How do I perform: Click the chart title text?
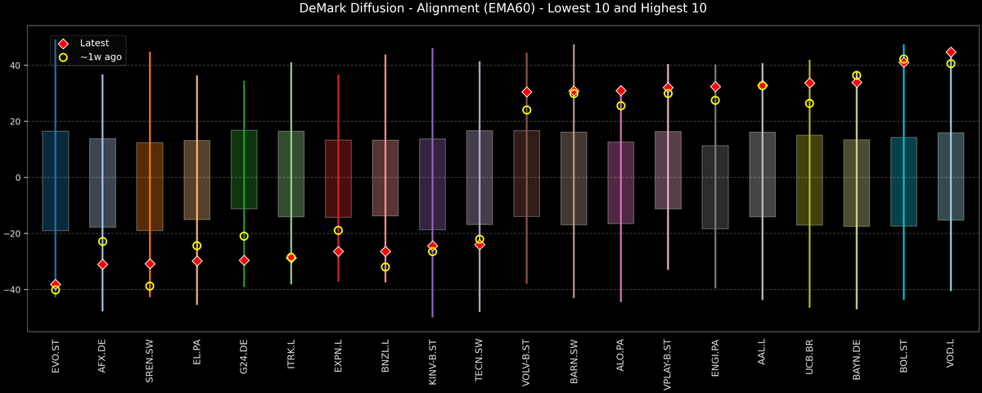[x=491, y=9]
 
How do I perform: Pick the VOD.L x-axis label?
[x=951, y=361]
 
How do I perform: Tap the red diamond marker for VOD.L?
[x=951, y=52]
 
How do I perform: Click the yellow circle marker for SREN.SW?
[x=150, y=287]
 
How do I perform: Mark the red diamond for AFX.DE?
[x=102, y=264]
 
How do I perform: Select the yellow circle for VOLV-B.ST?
[x=527, y=110]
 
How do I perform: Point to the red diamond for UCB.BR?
[x=809, y=83]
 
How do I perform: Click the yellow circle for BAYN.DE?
[x=857, y=75]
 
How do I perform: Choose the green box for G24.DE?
[x=244, y=169]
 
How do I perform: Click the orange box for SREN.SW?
[x=150, y=187]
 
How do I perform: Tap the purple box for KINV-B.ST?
[x=432, y=184]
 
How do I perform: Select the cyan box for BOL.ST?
[x=903, y=182]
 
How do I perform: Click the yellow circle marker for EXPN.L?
[x=338, y=230]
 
